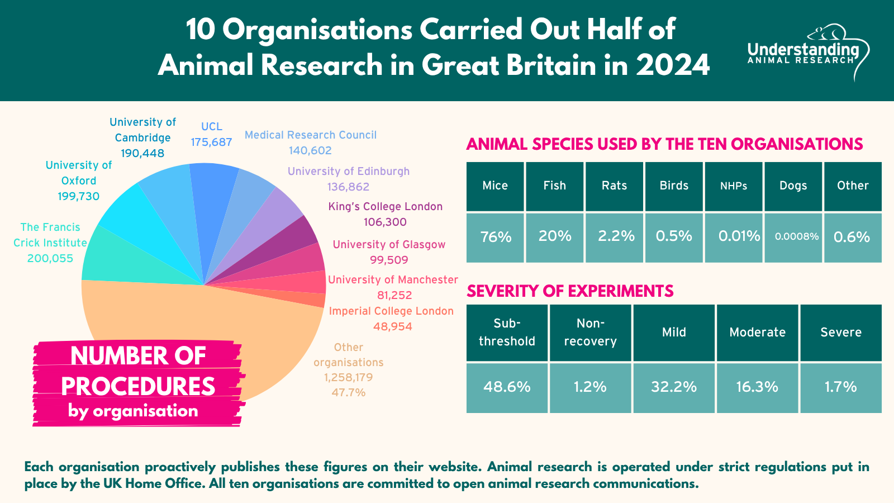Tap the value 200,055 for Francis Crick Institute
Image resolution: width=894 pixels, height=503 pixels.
[50, 258]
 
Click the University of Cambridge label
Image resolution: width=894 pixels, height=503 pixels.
[142, 130]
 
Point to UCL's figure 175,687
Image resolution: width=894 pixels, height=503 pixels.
[211, 142]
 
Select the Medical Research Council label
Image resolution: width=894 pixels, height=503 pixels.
[311, 135]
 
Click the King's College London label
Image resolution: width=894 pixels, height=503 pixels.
[386, 206]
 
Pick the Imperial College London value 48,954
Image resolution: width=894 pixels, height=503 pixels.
[393, 326]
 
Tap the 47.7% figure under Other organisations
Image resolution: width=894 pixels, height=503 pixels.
[349, 392]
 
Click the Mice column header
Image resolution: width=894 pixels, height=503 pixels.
[495, 186]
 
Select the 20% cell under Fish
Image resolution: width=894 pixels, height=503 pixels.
[555, 236]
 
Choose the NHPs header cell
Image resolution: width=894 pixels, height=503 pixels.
[734, 186]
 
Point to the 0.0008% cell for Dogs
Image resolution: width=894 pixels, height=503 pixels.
[793, 236]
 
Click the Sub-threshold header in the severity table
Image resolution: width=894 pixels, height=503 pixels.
[507, 332]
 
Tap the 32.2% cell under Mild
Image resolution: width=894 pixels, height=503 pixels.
[674, 387]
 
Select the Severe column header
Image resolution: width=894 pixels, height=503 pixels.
[841, 332]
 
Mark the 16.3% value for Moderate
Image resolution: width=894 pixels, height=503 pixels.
[757, 387]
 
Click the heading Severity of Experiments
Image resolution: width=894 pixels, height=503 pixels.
[570, 291]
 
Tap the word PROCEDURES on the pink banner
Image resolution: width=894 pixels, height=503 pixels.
[138, 386]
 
